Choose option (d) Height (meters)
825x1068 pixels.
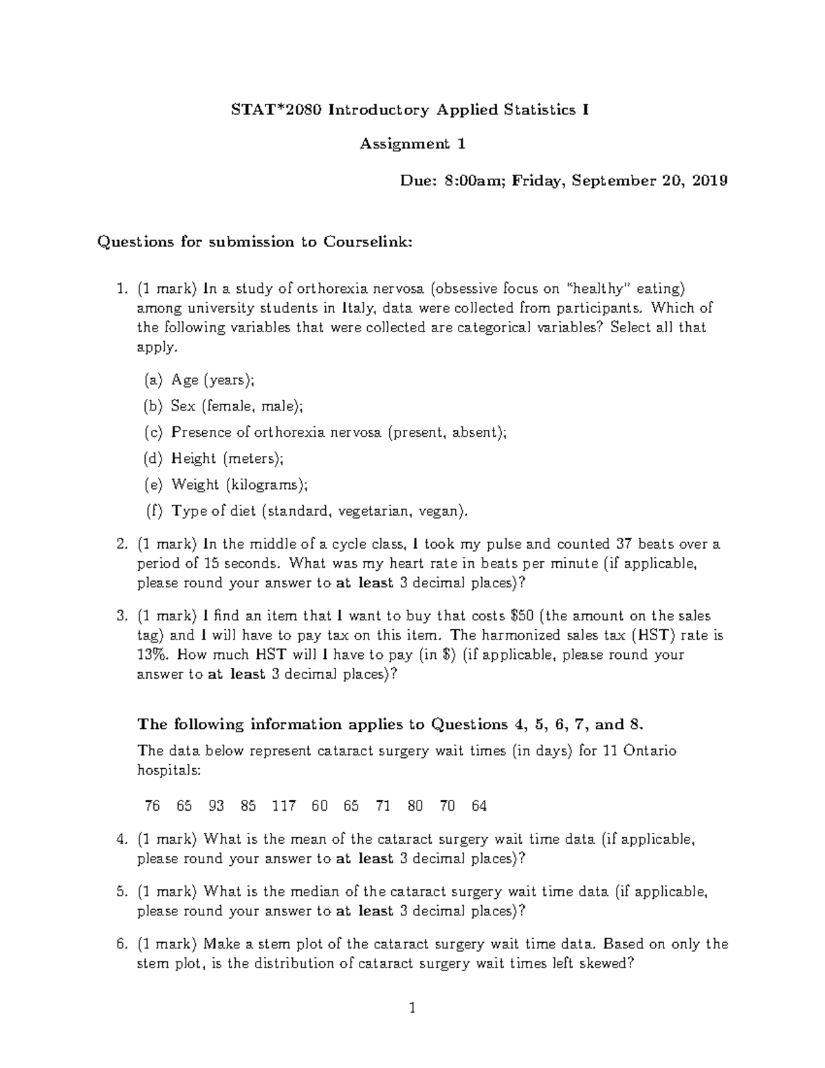pyautogui.click(x=227, y=459)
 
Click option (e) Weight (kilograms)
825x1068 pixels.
pyautogui.click(x=239, y=485)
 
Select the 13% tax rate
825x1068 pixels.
pyautogui.click(x=150, y=655)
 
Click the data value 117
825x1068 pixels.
pyautogui.click(x=284, y=806)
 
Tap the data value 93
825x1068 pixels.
pyautogui.click(x=216, y=806)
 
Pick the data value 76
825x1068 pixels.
pyautogui.click(x=152, y=806)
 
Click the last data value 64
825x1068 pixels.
pyautogui.click(x=479, y=806)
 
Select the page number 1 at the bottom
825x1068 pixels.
pyautogui.click(x=412, y=1010)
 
